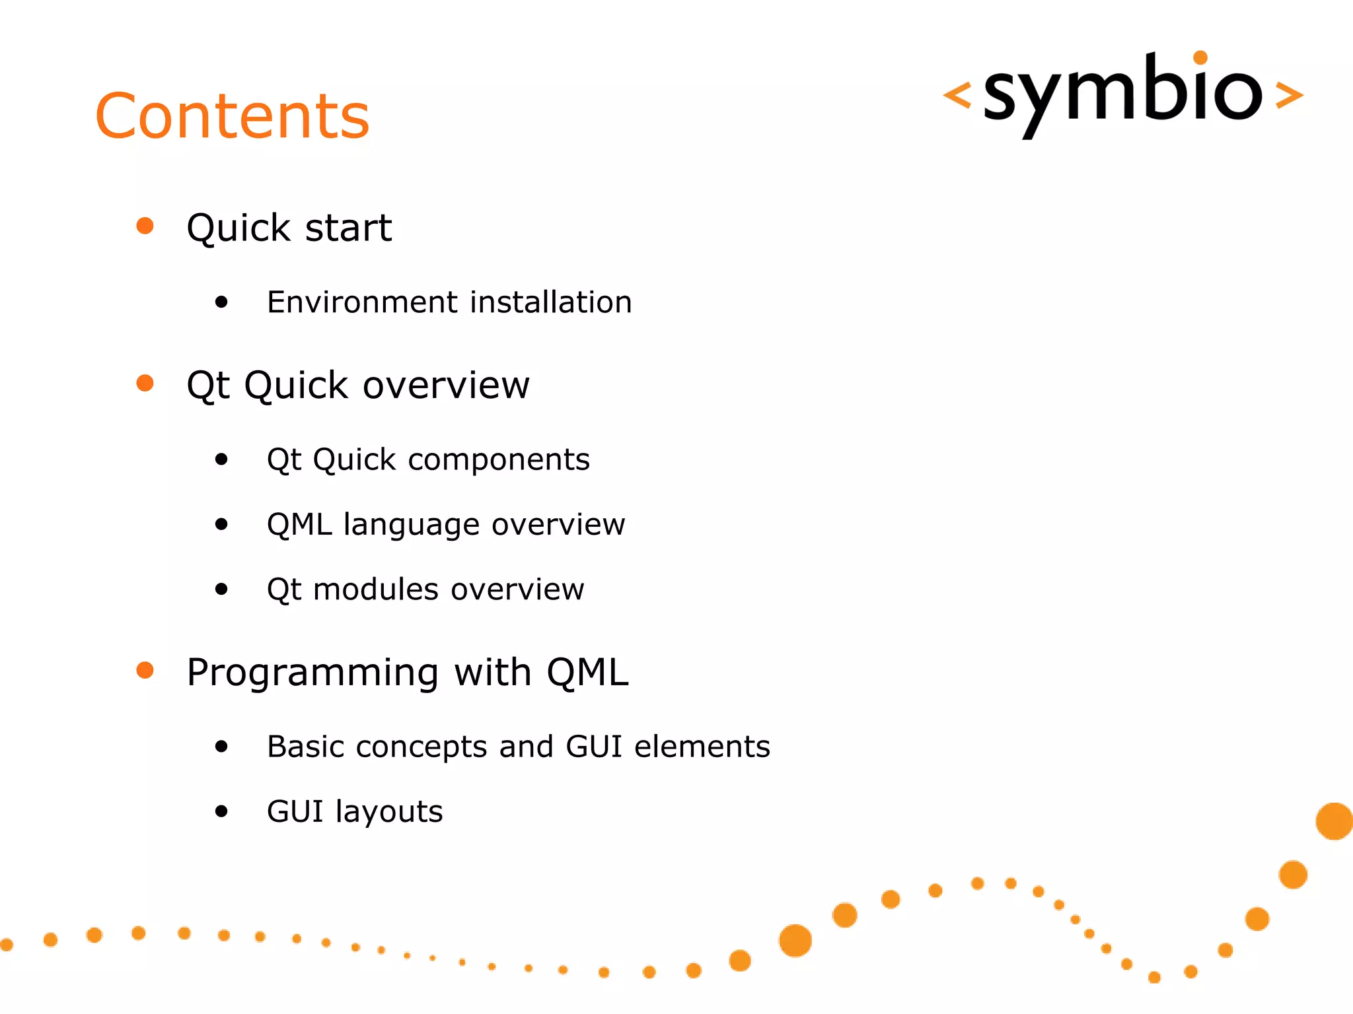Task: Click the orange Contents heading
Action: click(233, 116)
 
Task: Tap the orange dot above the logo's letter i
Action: click(1200, 57)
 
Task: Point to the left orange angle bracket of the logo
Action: click(957, 94)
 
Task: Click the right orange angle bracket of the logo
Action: click(1289, 94)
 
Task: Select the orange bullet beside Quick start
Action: click(145, 226)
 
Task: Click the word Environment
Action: click(363, 302)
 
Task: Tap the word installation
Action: click(551, 302)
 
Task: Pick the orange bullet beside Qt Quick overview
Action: click(145, 383)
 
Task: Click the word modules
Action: click(375, 590)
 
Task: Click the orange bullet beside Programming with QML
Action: click(145, 670)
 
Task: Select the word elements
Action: click(702, 747)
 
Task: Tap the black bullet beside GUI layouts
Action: click(221, 811)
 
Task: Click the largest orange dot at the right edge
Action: click(1334, 821)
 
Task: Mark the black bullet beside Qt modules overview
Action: click(221, 589)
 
